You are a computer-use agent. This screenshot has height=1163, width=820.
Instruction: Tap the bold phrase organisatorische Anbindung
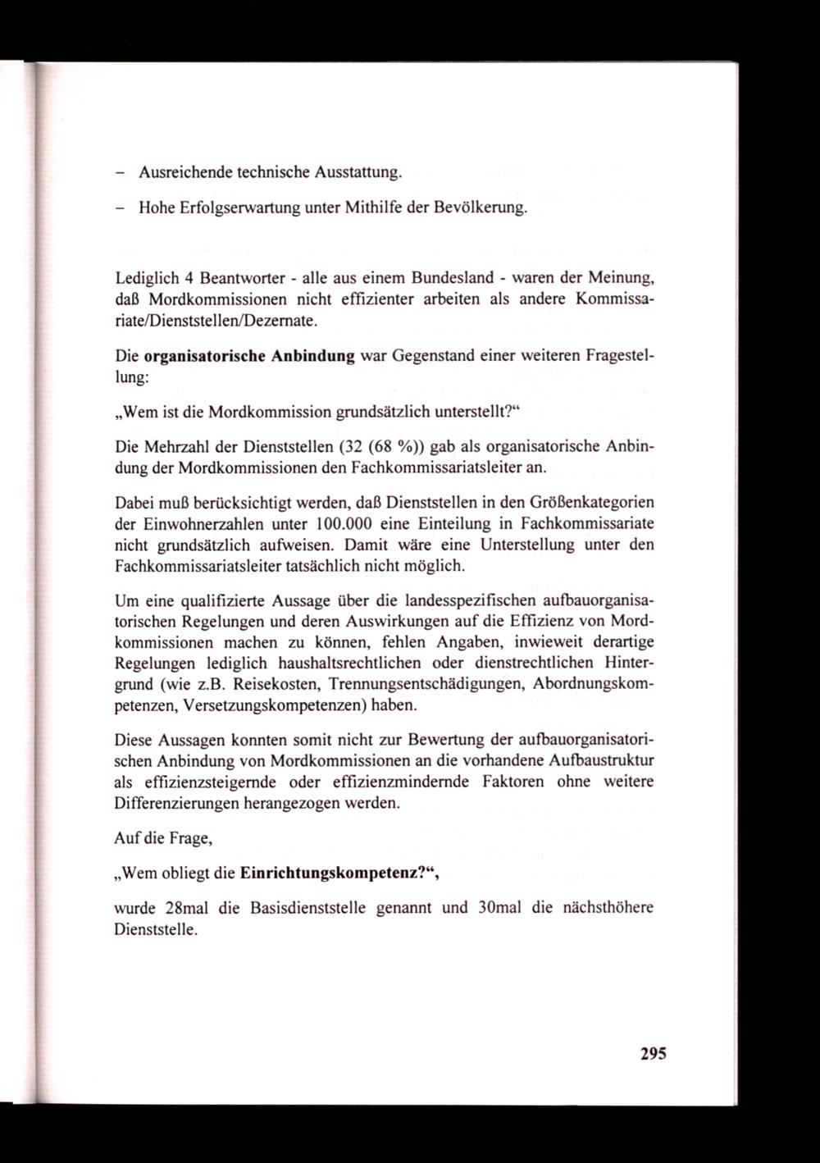[249, 357]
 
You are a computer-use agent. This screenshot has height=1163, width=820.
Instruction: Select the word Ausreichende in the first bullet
[186, 172]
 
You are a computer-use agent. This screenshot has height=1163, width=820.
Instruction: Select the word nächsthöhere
[609, 908]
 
